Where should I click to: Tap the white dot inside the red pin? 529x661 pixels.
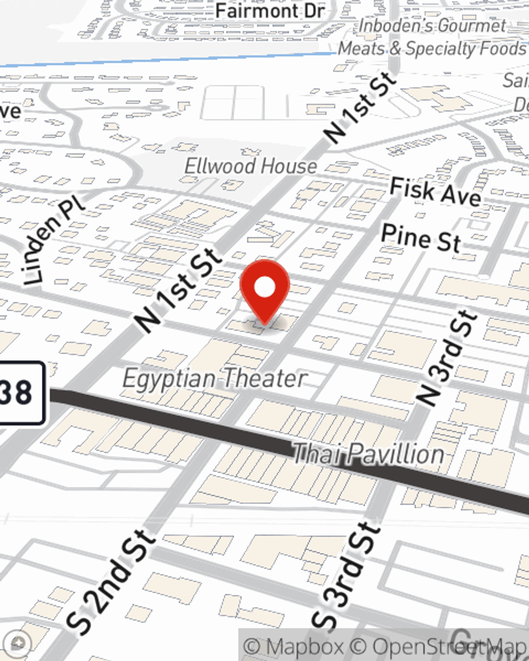click(265, 287)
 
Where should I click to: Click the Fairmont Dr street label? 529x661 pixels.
click(270, 11)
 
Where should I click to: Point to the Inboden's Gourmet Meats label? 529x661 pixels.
click(432, 37)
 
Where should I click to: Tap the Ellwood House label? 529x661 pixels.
click(250, 167)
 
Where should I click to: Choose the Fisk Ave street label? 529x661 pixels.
click(435, 191)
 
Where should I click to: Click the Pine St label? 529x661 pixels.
click(421, 237)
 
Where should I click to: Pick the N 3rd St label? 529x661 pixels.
click(447, 359)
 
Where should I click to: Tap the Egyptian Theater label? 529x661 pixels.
click(215, 379)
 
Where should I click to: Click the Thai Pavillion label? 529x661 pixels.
click(368, 454)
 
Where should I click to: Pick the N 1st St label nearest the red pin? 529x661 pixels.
click(177, 290)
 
